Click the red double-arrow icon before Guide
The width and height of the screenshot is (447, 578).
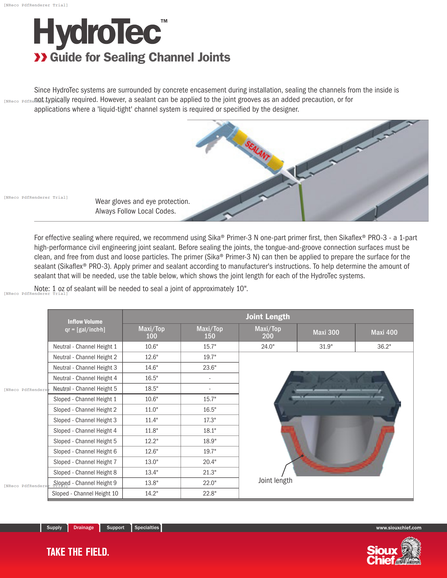[40, 57]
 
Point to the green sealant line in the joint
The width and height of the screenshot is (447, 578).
[302, 201]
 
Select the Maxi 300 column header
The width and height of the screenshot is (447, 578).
[326, 332]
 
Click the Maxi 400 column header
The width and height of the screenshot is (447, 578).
[384, 332]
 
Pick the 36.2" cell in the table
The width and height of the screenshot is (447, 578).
[384, 347]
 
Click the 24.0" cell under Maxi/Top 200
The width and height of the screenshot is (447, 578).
[268, 347]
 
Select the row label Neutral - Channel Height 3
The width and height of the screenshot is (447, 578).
[85, 368]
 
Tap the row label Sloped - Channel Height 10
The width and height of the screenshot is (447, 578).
[85, 493]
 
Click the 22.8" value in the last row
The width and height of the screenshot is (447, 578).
[210, 493]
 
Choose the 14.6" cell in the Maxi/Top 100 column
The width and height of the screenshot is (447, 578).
[151, 368]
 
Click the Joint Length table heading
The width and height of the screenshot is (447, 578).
[268, 317]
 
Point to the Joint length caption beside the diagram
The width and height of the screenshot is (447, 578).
[275, 480]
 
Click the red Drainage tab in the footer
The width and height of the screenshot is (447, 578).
[83, 528]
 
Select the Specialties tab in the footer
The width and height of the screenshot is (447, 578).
[147, 528]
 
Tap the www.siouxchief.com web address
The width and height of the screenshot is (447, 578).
[399, 528]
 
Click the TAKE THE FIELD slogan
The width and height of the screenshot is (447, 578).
[78, 552]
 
